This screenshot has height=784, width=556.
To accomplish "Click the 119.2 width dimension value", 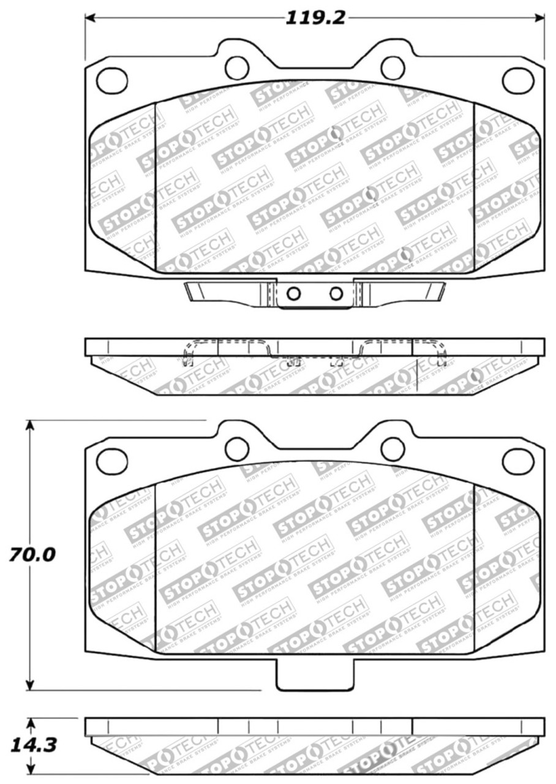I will click(315, 18).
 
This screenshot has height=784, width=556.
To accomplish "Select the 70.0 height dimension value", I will click(32, 555).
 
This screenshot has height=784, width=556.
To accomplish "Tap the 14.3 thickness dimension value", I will click(32, 745).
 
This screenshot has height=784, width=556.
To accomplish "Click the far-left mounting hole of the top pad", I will click(111, 78).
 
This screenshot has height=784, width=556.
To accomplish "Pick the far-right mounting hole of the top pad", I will click(516, 79).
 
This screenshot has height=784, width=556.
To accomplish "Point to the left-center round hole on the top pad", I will click(236, 67).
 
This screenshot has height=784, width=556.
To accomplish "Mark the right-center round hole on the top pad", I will click(393, 67).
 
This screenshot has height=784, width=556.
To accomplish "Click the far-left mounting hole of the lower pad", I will click(111, 459).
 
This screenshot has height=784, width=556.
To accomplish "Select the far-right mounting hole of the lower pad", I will click(516, 460).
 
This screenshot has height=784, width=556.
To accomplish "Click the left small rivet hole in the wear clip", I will click(293, 294).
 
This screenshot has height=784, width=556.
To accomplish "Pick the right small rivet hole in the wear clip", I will click(335, 294).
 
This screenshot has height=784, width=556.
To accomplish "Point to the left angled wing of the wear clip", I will click(227, 292).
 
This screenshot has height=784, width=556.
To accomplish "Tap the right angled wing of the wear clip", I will click(401, 292).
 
